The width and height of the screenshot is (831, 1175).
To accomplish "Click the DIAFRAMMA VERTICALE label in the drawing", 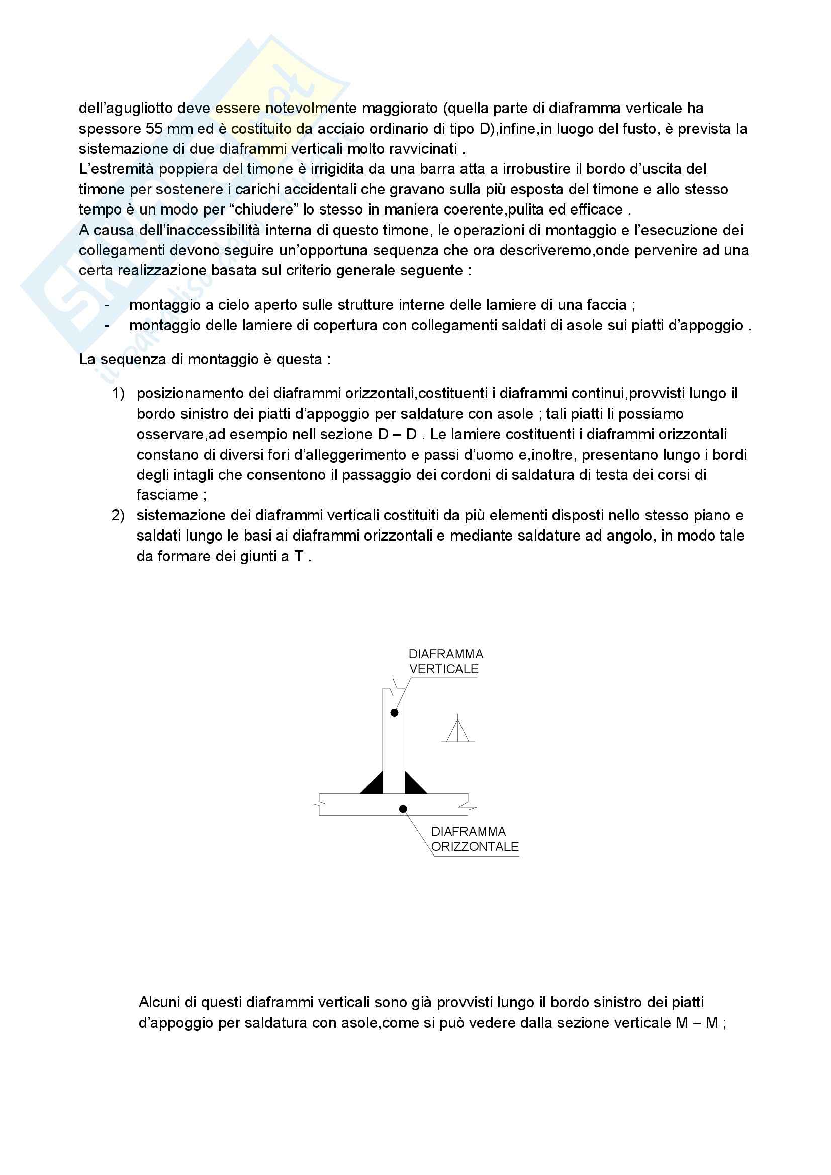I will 445,661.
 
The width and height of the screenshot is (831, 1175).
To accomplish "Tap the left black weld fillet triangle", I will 374,784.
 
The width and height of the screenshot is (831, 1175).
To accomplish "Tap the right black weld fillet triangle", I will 414,784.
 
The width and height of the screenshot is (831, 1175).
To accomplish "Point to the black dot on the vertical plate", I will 394,713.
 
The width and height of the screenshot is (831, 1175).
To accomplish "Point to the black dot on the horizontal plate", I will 403,809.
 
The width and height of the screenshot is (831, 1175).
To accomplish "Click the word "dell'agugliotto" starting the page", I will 126,109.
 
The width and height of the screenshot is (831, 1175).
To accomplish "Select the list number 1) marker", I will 118,393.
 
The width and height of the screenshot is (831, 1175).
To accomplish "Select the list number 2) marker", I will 118,515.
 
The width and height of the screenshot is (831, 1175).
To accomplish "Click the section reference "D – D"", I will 397,434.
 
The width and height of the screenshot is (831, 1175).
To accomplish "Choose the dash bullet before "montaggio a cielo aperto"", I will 107,305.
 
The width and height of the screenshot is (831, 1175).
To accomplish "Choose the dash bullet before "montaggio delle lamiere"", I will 107,326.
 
